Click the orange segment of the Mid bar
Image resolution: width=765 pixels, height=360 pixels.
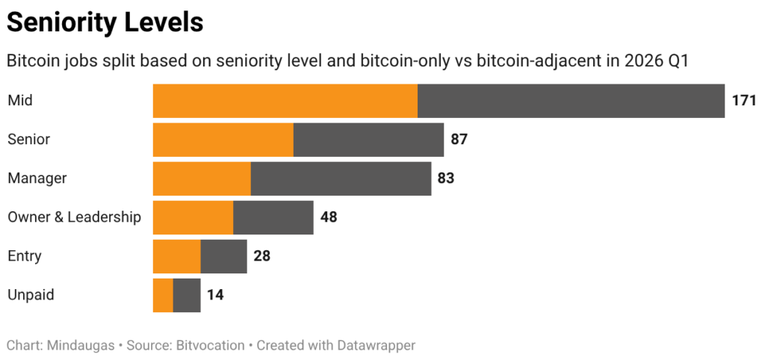pyautogui.click(x=285, y=101)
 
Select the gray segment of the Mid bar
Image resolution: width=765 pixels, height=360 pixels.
pyautogui.click(x=571, y=101)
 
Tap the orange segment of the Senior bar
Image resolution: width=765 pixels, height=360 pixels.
pyautogui.click(x=223, y=140)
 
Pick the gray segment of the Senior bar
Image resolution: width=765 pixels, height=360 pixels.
pyautogui.click(x=368, y=140)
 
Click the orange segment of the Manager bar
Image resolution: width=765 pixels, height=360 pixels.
pyautogui.click(x=202, y=179)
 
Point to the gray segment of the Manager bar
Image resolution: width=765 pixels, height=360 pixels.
pyautogui.click(x=341, y=179)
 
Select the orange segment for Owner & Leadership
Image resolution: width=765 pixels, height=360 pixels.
pyautogui.click(x=193, y=217)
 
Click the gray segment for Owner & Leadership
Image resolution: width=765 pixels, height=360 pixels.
pyautogui.click(x=273, y=217)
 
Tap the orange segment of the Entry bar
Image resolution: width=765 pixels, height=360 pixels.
pyautogui.click(x=176, y=256)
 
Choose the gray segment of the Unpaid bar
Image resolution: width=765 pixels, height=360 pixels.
pyautogui.click(x=187, y=295)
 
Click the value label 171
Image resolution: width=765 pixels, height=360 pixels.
pyautogui.click(x=744, y=101)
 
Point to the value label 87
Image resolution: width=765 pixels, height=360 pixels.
pyautogui.click(x=459, y=140)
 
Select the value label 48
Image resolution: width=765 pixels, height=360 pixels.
pyautogui.click(x=329, y=217)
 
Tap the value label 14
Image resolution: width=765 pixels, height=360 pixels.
pyautogui.click(x=215, y=295)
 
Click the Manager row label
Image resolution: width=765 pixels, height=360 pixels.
pyautogui.click(x=37, y=179)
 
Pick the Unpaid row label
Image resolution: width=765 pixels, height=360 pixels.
pyautogui.click(x=31, y=295)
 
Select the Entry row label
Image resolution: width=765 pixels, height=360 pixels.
pyautogui.click(x=25, y=256)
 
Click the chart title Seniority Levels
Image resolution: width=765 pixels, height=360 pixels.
pyautogui.click(x=105, y=22)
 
